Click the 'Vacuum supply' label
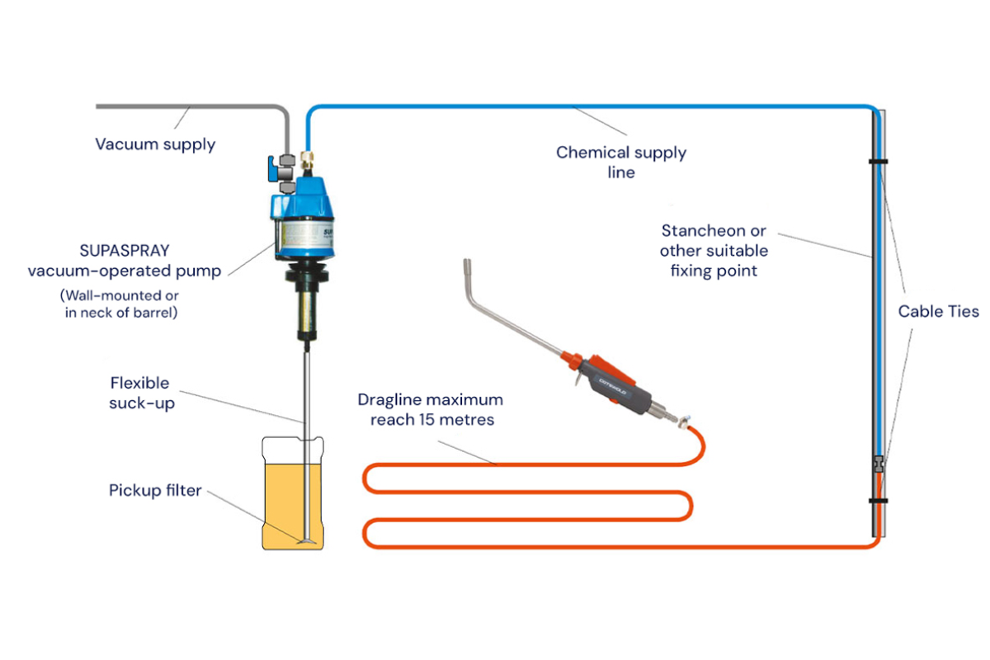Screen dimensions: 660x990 click(x=155, y=144)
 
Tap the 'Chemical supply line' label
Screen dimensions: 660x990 click(x=620, y=162)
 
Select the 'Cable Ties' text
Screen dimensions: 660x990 click(x=938, y=311)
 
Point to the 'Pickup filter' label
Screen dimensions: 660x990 click(x=155, y=490)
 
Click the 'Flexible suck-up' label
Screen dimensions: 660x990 click(x=140, y=393)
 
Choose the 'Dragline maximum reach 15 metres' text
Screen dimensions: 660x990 click(x=430, y=409)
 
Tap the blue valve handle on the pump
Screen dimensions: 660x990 click(x=273, y=168)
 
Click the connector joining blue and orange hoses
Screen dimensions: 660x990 click(x=880, y=464)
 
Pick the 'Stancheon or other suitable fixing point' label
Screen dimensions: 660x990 click(x=713, y=250)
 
